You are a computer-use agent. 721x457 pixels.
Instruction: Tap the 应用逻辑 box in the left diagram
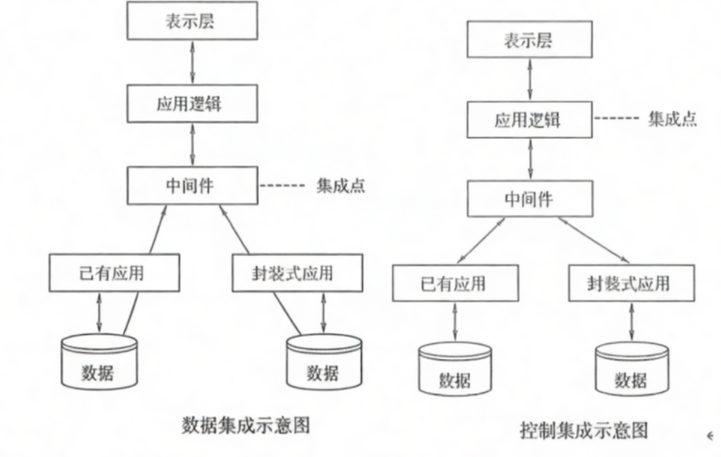click(x=193, y=103)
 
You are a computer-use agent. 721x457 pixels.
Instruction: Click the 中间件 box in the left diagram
click(x=193, y=183)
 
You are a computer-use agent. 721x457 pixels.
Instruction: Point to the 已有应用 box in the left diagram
click(x=102, y=273)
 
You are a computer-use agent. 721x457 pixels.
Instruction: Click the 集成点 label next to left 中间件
click(x=340, y=185)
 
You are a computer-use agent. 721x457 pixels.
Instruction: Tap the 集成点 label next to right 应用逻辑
click(x=672, y=119)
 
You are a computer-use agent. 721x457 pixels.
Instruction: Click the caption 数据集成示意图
click(x=245, y=425)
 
